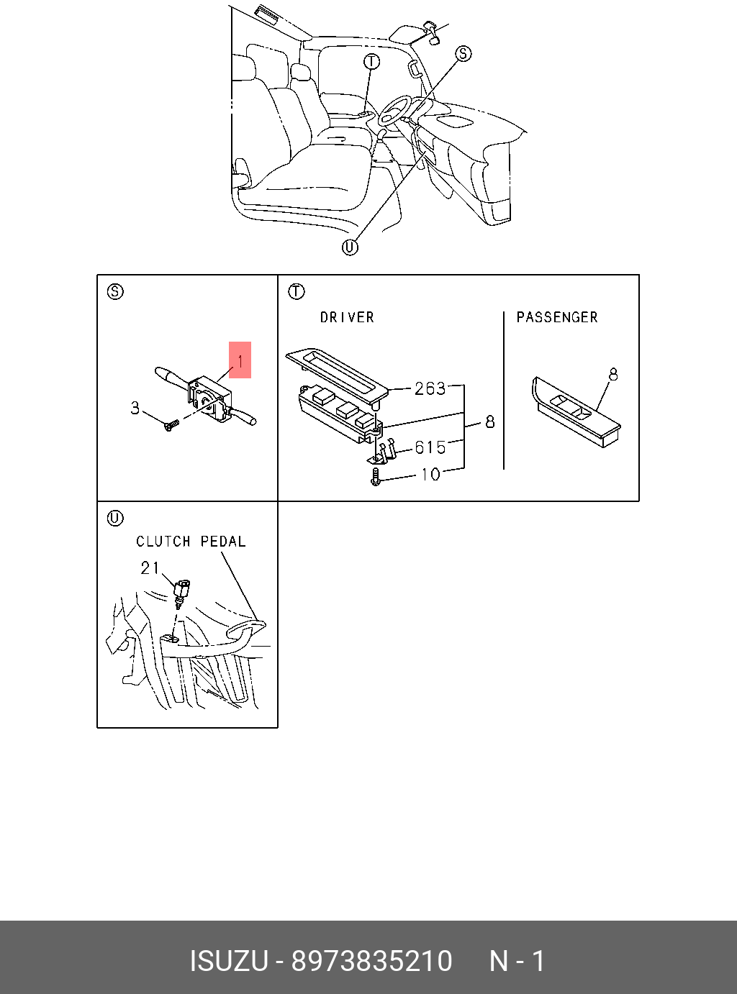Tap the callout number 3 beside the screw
[135, 409]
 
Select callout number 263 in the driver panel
[430, 388]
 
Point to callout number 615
[430, 447]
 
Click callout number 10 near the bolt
[430, 475]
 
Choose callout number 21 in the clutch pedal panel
[150, 568]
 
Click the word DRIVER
[347, 317]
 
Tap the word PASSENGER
[557, 317]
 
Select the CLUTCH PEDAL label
[191, 542]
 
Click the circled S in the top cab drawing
[464, 53]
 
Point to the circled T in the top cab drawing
[371, 62]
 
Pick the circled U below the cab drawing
[350, 247]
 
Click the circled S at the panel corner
[115, 291]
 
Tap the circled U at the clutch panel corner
[115, 518]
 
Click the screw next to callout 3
[171, 425]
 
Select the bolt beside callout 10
[375, 476]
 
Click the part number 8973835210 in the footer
[371, 961]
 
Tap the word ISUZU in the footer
[228, 961]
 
